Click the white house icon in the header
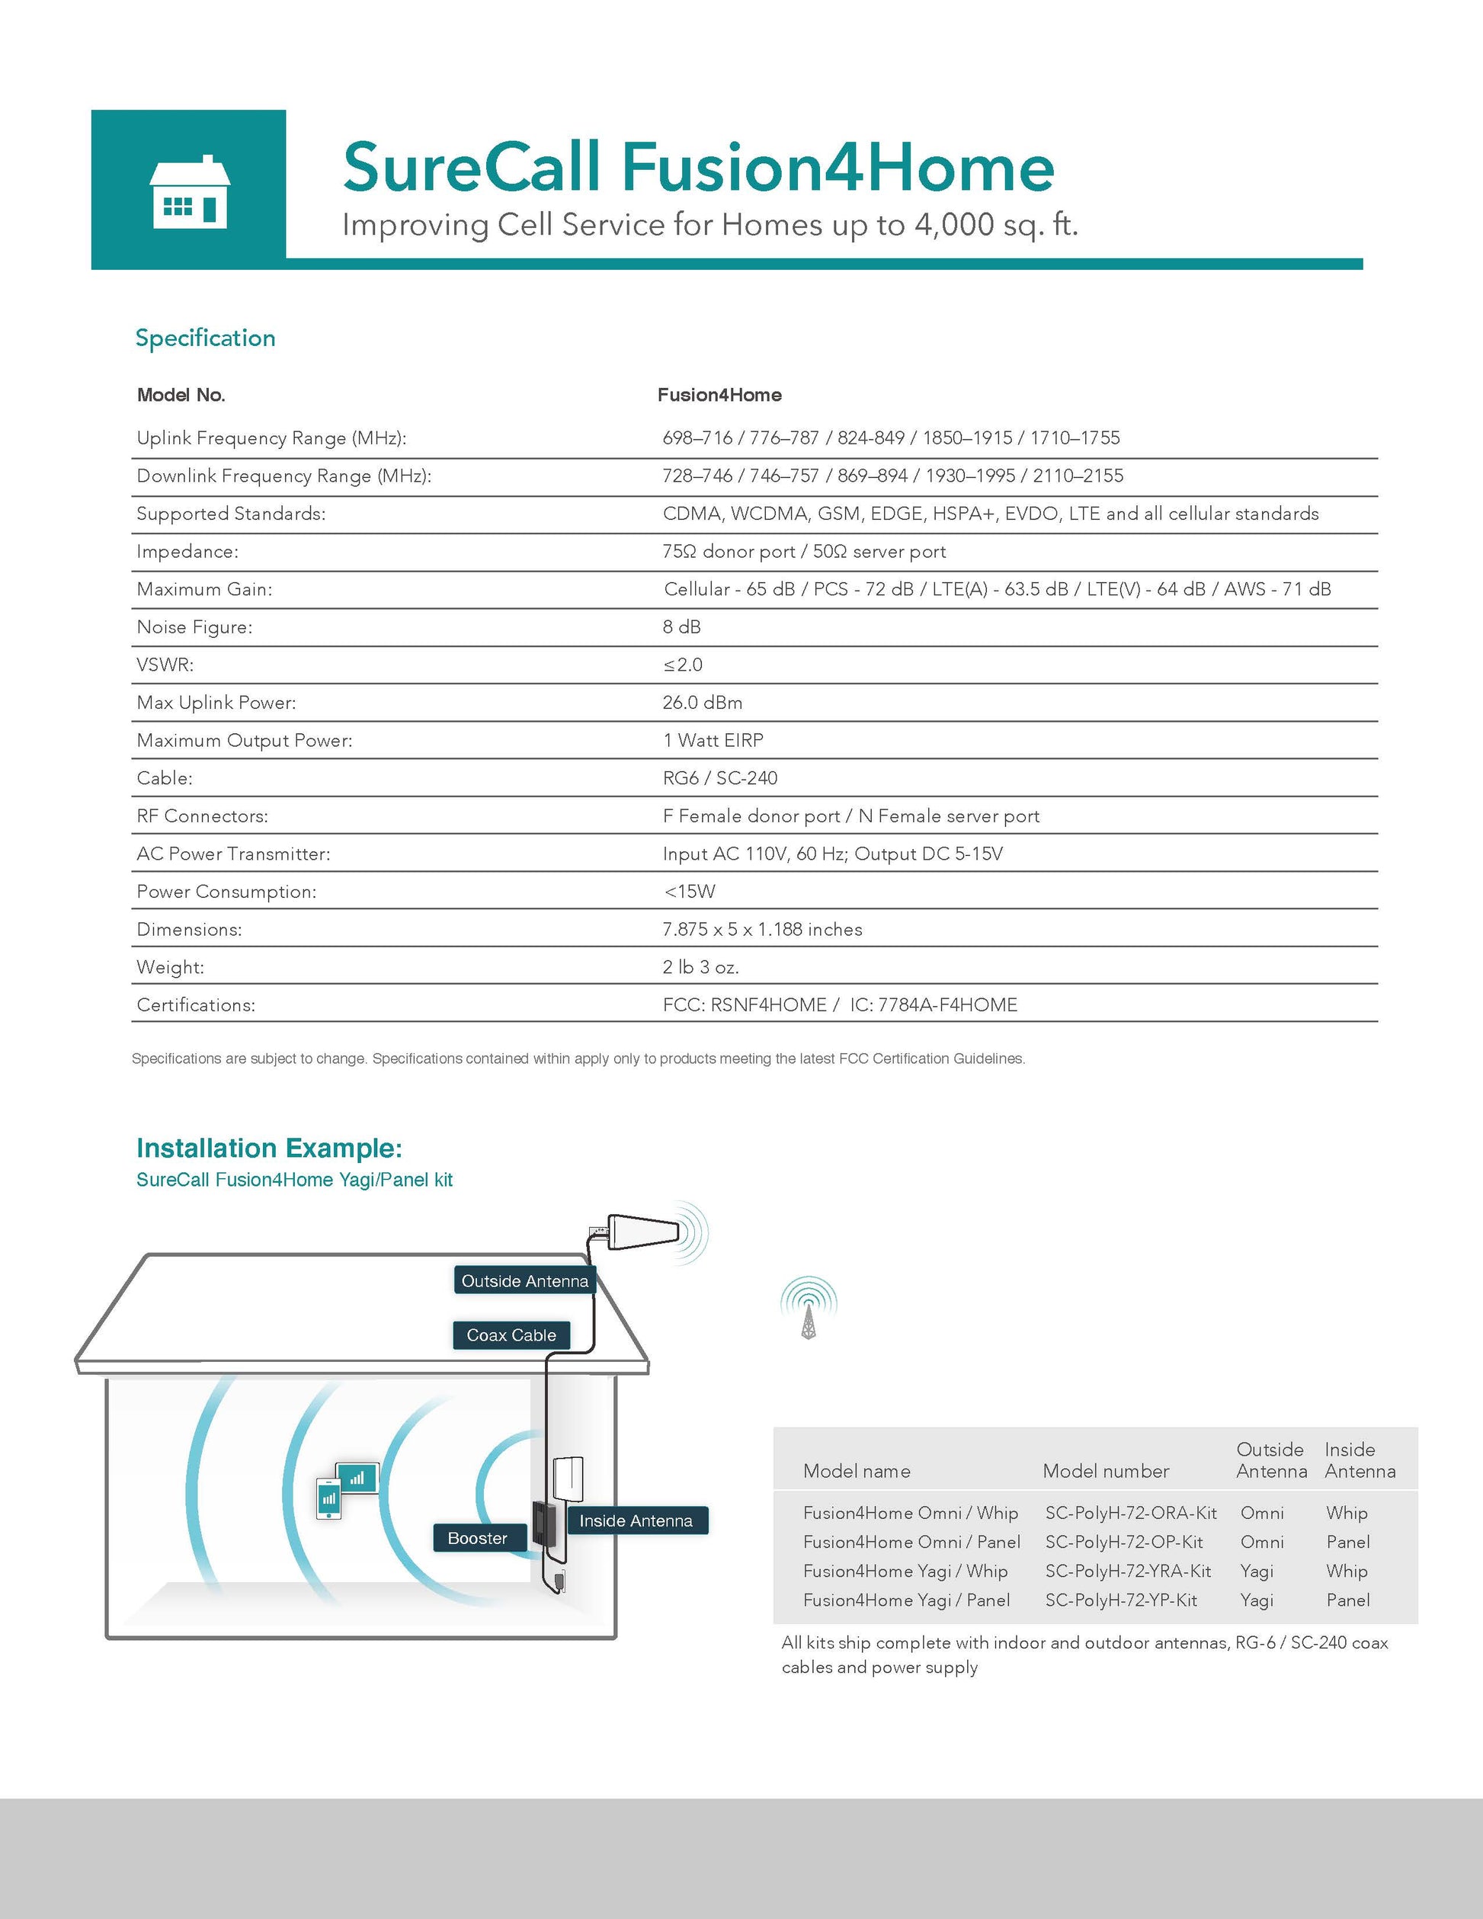[x=189, y=192]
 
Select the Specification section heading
[x=205, y=338]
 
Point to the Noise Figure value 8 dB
[x=682, y=626]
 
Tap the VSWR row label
[x=165, y=665]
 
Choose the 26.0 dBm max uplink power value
[x=702, y=702]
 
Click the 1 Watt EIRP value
[x=713, y=740]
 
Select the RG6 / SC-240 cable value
[x=719, y=777]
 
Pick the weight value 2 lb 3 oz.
[x=700, y=966]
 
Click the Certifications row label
[x=196, y=1004]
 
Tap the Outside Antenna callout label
[x=524, y=1281]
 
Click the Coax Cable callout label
[x=511, y=1334]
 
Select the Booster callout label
[x=477, y=1538]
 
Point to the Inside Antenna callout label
[x=636, y=1520]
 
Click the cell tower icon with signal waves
[x=809, y=1308]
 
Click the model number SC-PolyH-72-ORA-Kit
[x=1131, y=1512]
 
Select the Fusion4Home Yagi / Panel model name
[x=906, y=1599]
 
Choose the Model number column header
[x=1105, y=1470]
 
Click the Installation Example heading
[x=269, y=1148]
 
